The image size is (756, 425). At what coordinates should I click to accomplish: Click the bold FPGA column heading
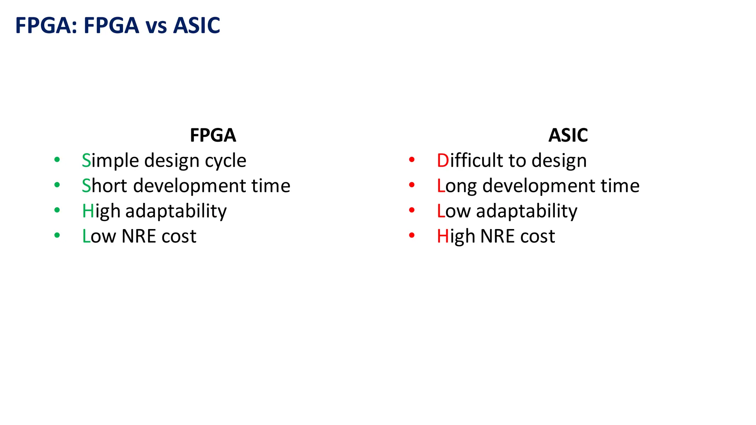pos(213,135)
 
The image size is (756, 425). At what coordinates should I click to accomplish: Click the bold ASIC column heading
pos(568,135)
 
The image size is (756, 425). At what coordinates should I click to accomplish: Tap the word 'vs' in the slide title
pos(157,26)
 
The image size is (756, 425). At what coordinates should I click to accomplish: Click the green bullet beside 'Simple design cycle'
pos(57,160)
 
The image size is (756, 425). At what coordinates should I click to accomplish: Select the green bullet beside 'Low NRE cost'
pos(57,235)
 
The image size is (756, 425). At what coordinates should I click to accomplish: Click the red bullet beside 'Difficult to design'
pos(412,160)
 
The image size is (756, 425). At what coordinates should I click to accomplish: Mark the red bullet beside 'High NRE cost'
pos(412,235)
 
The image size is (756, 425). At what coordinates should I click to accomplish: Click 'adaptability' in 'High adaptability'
pos(176,211)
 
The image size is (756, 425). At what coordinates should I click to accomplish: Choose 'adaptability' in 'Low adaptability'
pos(526,211)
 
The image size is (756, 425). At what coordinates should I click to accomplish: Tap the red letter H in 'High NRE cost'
pos(443,236)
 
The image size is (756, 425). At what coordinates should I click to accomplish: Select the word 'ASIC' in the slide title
pos(196,26)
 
